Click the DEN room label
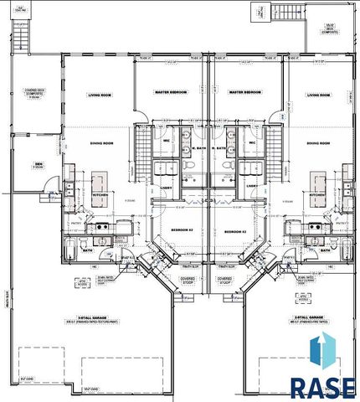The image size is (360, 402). [x=38, y=164]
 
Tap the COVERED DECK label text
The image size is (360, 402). [x=34, y=94]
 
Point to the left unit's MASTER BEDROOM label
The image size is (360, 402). [x=171, y=91]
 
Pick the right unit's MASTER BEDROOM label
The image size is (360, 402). [x=246, y=91]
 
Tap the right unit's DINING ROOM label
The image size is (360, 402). [x=320, y=144]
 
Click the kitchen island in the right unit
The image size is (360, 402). [x=319, y=183]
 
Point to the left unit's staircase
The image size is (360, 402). [x=141, y=142]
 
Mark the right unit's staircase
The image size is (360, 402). [x=277, y=142]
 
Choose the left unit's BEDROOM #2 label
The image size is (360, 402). [x=183, y=229]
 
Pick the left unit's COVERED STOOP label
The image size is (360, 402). [x=189, y=280]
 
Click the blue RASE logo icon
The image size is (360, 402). [x=322, y=352]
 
